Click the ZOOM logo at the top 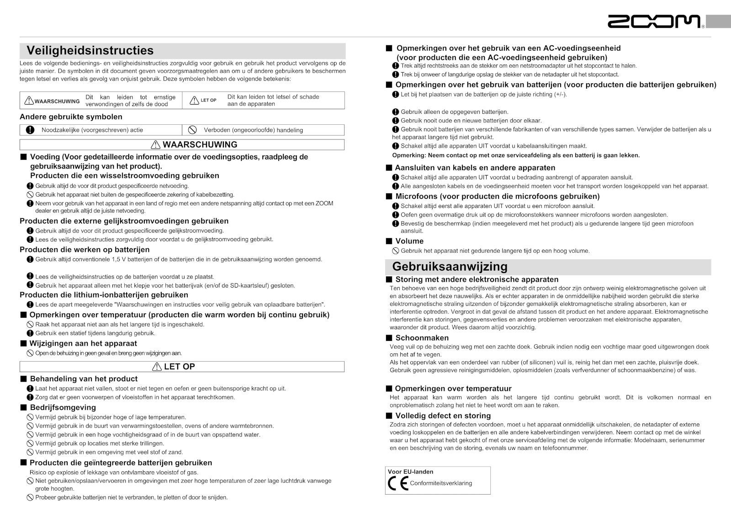654,21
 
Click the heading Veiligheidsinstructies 90,50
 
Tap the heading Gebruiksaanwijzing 450,266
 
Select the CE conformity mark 398,483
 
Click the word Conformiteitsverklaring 441,483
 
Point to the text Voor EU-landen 410,472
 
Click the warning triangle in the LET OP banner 157,367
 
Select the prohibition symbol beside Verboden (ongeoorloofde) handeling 192,130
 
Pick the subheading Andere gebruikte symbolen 71,117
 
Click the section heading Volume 409,241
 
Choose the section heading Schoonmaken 422,338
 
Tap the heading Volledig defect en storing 443,416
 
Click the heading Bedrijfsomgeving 63,407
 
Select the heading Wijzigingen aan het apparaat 83,343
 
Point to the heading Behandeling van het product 84,378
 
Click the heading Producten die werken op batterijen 85,250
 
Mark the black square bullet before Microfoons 389,197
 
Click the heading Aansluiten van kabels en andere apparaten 475,168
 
